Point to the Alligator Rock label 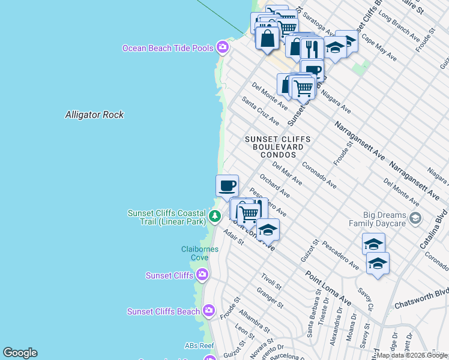coord(94,115)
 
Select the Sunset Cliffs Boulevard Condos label coord(278,146)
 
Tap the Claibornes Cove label coord(195,253)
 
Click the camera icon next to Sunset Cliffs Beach coord(208,311)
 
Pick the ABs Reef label coord(199,346)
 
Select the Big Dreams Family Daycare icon coord(414,217)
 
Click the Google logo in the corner coord(20,353)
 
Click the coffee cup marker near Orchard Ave coord(227,185)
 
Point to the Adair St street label coord(233,239)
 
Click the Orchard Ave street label coord(274,186)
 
